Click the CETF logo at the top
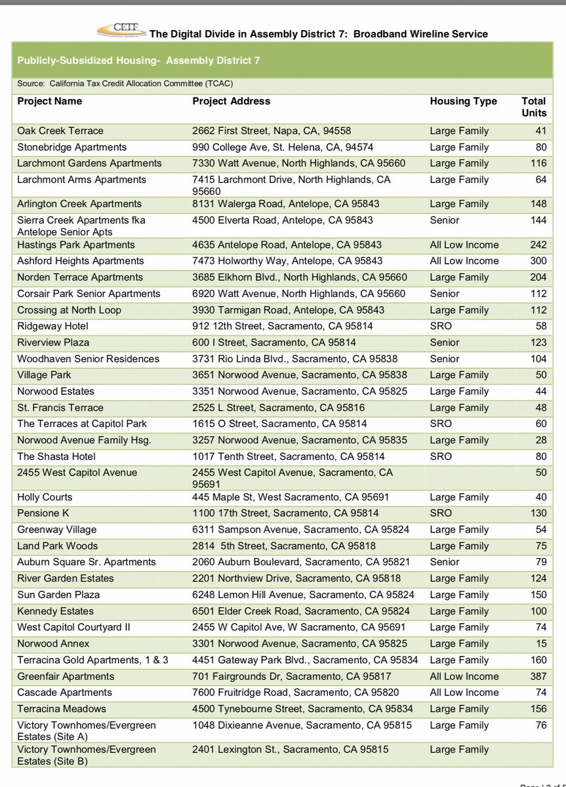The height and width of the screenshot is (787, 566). pyautogui.click(x=122, y=30)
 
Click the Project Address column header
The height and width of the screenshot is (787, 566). pyautogui.click(x=231, y=101)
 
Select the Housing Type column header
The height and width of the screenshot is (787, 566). pyautogui.click(x=463, y=101)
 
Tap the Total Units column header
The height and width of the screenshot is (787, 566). pyautogui.click(x=533, y=107)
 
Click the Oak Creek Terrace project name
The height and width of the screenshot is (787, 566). pyautogui.click(x=60, y=131)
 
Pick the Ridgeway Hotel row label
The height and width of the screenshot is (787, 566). pyautogui.click(x=52, y=326)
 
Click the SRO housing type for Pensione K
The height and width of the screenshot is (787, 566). pyautogui.click(x=441, y=513)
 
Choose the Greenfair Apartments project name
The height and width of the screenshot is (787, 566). pyautogui.click(x=66, y=676)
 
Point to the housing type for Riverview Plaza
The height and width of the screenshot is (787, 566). pyautogui.click(x=445, y=342)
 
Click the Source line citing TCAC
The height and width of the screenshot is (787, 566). pyautogui.click(x=125, y=83)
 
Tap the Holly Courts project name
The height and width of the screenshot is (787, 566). pyautogui.click(x=45, y=497)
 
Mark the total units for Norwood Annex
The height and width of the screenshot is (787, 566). pyautogui.click(x=540, y=643)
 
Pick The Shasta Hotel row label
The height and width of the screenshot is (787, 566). pyautogui.click(x=56, y=456)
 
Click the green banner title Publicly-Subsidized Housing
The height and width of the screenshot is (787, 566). pyautogui.click(x=138, y=60)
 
